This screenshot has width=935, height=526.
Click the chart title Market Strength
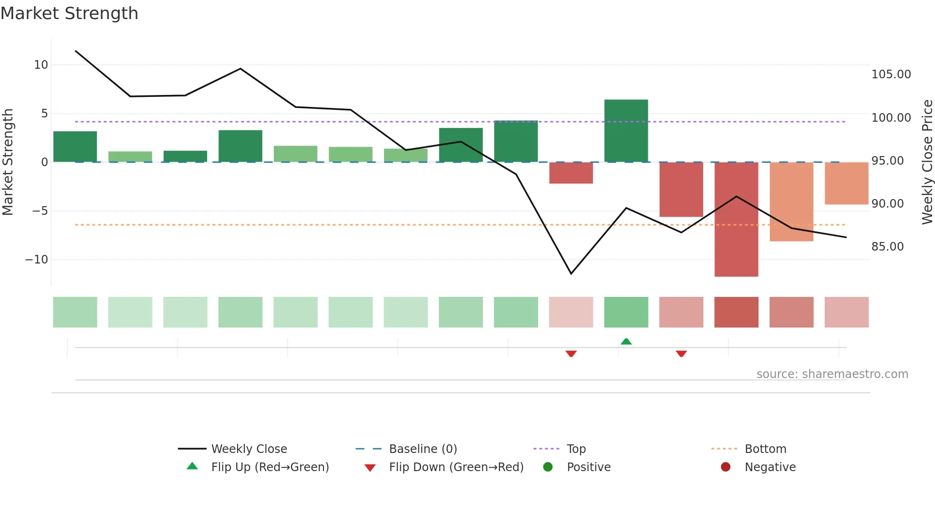click(69, 13)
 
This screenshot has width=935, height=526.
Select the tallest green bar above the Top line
click(626, 130)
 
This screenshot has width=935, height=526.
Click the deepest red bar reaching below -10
click(736, 219)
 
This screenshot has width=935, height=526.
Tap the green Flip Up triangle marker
click(626, 341)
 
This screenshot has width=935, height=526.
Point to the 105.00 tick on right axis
click(891, 74)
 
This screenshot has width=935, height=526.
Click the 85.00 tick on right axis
click(887, 247)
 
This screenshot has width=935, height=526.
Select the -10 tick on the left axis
click(37, 260)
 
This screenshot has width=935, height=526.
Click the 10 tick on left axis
click(41, 65)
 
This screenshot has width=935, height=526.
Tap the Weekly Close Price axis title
click(927, 162)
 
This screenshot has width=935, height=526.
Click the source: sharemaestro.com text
click(832, 374)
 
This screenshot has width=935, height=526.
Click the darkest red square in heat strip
click(736, 312)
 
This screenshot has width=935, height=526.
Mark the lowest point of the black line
click(571, 274)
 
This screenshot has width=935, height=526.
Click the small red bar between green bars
click(571, 173)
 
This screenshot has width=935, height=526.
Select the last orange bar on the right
click(846, 183)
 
